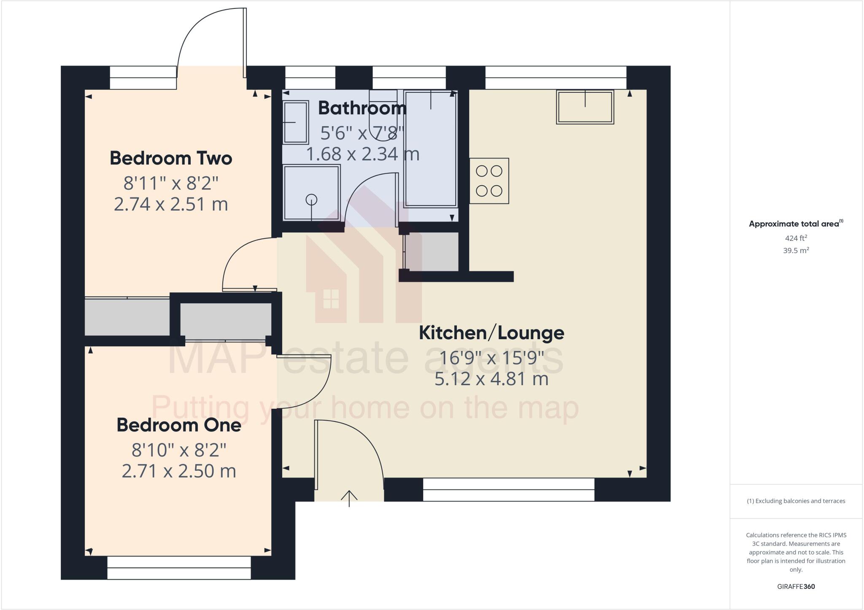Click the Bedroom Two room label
pyautogui.click(x=171, y=159)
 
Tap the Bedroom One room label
pyautogui.click(x=179, y=425)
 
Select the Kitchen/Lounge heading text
pyautogui.click(x=491, y=333)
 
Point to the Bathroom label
pyautogui.click(x=362, y=108)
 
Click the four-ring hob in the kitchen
pyautogui.click(x=489, y=181)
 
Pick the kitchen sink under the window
pyautogui.click(x=585, y=107)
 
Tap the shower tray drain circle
pyautogui.click(x=311, y=199)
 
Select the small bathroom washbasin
pyautogui.click(x=296, y=122)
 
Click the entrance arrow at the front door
pyautogui.click(x=349, y=498)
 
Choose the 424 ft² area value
pyautogui.click(x=796, y=238)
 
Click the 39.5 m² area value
pyautogui.click(x=796, y=251)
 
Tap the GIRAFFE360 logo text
pyautogui.click(x=796, y=586)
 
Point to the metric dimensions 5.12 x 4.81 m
pyautogui.click(x=491, y=379)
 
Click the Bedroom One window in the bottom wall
pyautogui.click(x=179, y=567)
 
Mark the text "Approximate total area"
pyautogui.click(x=794, y=224)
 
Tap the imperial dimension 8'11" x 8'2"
pyautogui.click(x=171, y=184)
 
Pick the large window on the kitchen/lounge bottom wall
pyautogui.click(x=508, y=489)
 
